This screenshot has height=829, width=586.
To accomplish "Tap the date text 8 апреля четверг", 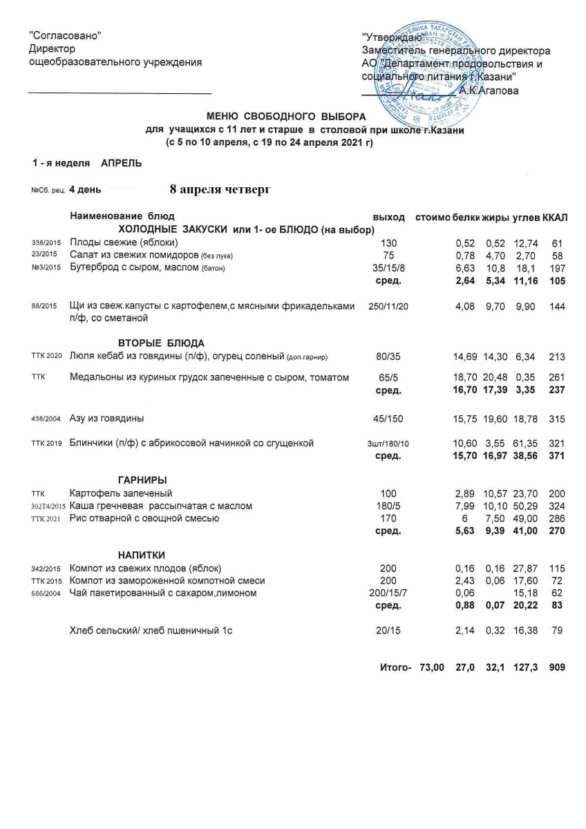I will click(220, 189).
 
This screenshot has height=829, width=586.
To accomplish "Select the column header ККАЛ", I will click(555, 218).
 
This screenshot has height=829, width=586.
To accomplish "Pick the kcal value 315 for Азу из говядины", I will click(556, 419).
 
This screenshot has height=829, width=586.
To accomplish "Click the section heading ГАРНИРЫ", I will click(142, 480).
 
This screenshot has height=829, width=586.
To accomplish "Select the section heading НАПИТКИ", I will click(141, 555).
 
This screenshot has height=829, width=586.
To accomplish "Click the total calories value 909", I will click(556, 667).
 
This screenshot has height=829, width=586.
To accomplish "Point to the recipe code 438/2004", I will click(47, 419).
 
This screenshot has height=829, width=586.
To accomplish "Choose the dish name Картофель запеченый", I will click(121, 493).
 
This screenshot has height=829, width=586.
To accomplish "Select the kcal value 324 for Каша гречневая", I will click(556, 506).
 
